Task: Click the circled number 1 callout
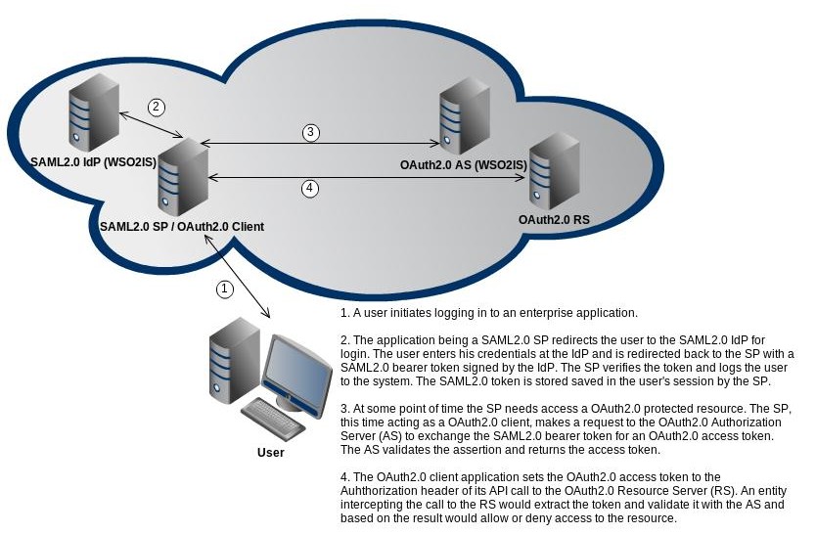click(224, 289)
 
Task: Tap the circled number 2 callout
click(157, 108)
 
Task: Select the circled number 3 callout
click(311, 132)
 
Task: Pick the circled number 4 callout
click(310, 188)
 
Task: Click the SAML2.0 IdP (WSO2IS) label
click(94, 162)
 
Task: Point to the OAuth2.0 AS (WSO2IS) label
click(464, 165)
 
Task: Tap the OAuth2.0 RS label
click(554, 220)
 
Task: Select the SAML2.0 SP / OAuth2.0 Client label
click(182, 227)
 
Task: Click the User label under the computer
click(271, 453)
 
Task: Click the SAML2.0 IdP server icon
click(94, 112)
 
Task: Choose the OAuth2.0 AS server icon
click(465, 115)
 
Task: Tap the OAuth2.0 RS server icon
click(555, 171)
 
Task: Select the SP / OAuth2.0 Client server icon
click(183, 178)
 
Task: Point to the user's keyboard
click(273, 421)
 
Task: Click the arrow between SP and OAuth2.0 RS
click(366, 178)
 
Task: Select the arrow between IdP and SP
click(151, 125)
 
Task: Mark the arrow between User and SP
click(237, 276)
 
